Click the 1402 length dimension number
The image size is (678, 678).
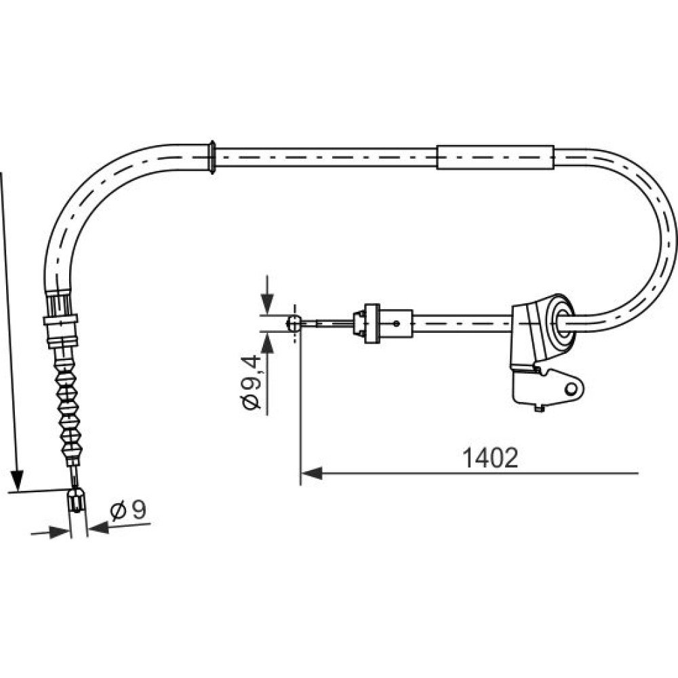(490, 458)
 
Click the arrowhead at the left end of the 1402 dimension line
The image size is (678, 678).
(311, 473)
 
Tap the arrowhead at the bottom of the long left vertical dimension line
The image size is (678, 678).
(17, 481)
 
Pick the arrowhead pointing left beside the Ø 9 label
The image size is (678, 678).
(98, 527)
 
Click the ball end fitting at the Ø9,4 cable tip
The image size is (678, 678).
(294, 323)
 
